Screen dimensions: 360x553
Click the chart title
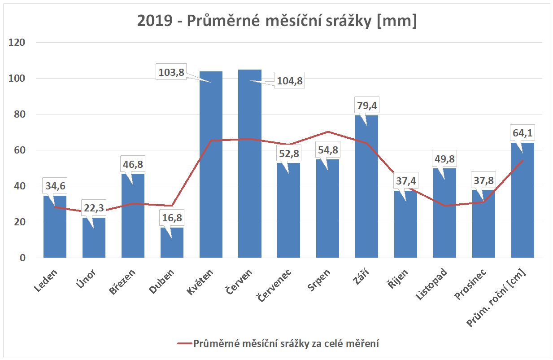tap(277, 21)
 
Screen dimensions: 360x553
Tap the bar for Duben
tap(172, 245)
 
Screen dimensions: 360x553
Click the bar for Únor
tap(94, 240)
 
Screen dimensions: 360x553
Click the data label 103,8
tap(171, 72)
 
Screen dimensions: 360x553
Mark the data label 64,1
tap(523, 133)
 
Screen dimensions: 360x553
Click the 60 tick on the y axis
tap(20, 150)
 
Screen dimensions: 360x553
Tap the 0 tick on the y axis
tap(22, 258)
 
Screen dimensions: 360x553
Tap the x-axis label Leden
tap(47, 281)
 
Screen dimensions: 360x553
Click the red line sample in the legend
tap(183, 344)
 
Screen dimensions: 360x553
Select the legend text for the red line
tap(286, 344)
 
